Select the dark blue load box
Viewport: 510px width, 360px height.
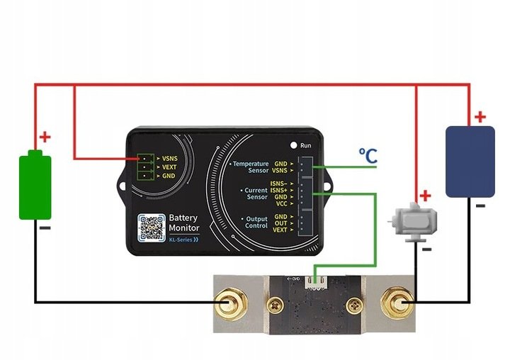pos(469,161)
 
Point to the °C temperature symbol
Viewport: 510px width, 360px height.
pos(368,155)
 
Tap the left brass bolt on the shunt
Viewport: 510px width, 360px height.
pos(228,305)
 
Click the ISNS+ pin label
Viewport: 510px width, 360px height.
pos(278,190)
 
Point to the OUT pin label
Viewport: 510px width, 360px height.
pos(280,223)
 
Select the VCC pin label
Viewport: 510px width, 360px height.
pos(280,204)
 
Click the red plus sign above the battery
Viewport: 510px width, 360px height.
pos(45,137)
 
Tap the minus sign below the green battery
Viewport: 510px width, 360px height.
pos(44,228)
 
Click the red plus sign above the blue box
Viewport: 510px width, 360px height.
pos(480,116)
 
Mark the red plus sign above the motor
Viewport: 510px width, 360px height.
pos(425,196)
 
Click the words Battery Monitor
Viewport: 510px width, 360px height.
pos(183,223)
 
